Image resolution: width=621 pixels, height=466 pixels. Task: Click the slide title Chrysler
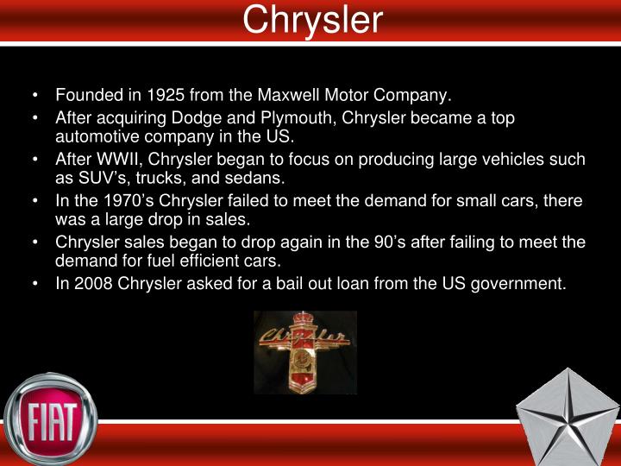[311, 20]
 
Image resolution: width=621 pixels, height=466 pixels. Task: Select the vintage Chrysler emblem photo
[304, 352]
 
